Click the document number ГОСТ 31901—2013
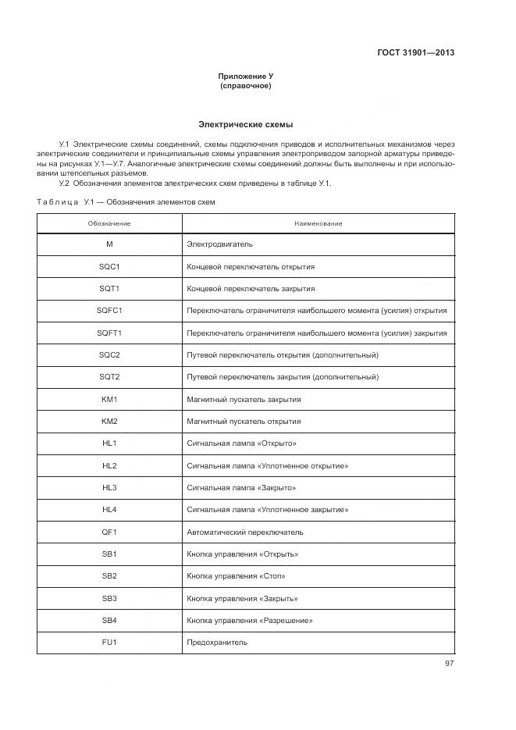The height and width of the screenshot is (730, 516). tap(414, 53)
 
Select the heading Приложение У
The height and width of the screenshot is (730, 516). tap(246, 77)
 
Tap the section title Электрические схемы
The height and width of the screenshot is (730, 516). tap(246, 124)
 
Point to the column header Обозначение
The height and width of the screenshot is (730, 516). tap(109, 223)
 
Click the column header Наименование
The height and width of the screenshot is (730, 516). tap(318, 223)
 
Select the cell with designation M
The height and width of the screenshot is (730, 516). tap(109, 244)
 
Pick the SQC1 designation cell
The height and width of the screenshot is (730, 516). tap(109, 266)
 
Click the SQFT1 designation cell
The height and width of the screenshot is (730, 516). tap(109, 333)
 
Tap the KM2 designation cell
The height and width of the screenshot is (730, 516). tap(109, 422)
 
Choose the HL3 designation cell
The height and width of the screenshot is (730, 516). tap(109, 488)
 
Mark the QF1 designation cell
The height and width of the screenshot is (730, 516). tap(109, 532)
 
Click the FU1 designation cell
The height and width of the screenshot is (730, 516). tap(109, 643)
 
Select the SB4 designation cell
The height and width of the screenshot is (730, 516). tap(109, 621)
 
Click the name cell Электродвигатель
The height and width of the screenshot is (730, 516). tap(219, 244)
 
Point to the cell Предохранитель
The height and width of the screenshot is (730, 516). tap(217, 643)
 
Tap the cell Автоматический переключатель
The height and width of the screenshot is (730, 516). tap(245, 532)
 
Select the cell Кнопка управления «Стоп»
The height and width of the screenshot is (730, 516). tap(236, 576)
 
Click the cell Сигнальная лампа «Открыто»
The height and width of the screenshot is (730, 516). tap(241, 443)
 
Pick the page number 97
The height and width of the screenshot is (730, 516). tap(449, 664)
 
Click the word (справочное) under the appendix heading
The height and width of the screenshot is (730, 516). tap(246, 86)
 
